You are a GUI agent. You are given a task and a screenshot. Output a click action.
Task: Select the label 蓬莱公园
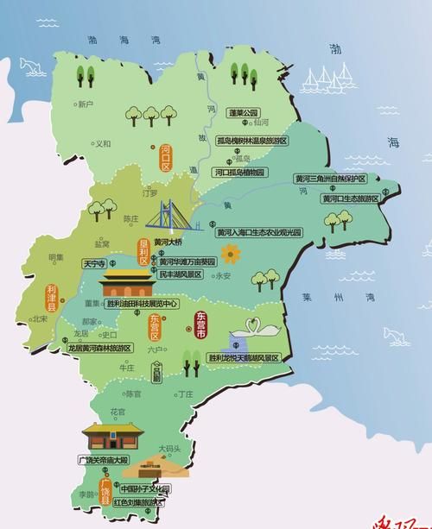[244, 113]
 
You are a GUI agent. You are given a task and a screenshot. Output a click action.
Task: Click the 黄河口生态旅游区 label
[350, 198]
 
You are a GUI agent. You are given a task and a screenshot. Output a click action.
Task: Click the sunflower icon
[230, 254]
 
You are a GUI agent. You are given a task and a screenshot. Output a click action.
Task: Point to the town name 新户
[85, 104]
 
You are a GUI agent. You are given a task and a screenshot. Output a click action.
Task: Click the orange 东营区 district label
[154, 326]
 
